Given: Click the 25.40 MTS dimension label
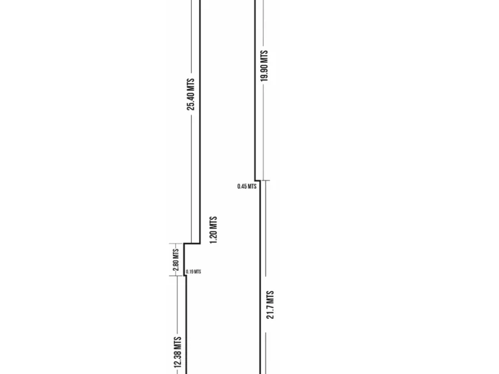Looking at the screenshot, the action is click(191, 94).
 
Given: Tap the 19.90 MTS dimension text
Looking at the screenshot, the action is click(264, 65).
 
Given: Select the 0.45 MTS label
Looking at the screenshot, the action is click(247, 186).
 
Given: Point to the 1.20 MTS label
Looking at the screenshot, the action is click(214, 230).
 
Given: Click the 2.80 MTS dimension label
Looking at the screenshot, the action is click(176, 260).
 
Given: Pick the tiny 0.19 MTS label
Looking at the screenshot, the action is click(194, 272).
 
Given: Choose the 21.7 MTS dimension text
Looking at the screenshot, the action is click(270, 305).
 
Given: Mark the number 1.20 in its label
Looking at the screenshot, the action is click(214, 235).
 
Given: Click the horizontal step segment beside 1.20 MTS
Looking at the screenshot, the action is click(192, 243).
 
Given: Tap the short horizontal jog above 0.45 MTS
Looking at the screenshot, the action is click(258, 180).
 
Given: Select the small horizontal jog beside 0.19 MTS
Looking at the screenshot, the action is click(185, 275).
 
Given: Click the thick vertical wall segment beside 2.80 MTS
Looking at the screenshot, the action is click(184, 259).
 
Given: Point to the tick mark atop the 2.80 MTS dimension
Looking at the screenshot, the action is click(176, 243).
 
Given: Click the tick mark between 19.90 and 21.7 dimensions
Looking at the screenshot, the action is click(265, 180).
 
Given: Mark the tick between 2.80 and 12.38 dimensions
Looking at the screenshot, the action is click(176, 275).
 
